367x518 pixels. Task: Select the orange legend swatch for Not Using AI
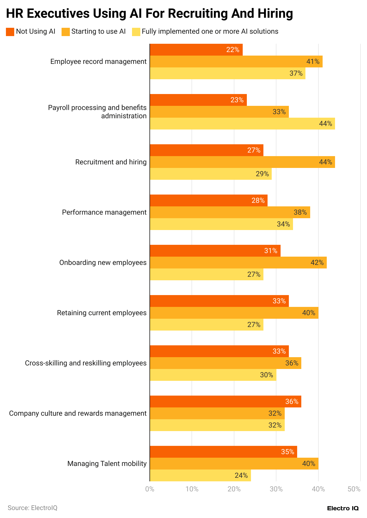(10, 32)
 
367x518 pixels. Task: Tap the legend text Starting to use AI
(98, 31)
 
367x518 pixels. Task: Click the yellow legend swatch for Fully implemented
(136, 32)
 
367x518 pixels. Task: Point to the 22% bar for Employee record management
(196, 50)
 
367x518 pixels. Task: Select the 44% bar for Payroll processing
(242, 124)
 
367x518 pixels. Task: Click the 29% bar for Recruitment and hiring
(211, 174)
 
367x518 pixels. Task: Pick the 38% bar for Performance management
(230, 212)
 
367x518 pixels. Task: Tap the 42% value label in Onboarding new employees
(317, 263)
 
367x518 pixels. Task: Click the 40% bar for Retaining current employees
(234, 313)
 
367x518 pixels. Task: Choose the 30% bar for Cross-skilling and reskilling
(213, 375)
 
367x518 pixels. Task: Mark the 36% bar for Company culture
(225, 402)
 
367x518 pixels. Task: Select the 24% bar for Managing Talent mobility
(200, 475)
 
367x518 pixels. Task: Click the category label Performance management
(104, 212)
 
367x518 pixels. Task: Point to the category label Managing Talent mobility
(107, 464)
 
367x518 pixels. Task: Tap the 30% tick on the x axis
(276, 489)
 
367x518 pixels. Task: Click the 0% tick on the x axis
(150, 489)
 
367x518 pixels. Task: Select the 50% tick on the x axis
(354, 489)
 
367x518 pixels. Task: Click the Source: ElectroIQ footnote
(33, 508)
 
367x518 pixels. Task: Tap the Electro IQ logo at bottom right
(343, 508)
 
